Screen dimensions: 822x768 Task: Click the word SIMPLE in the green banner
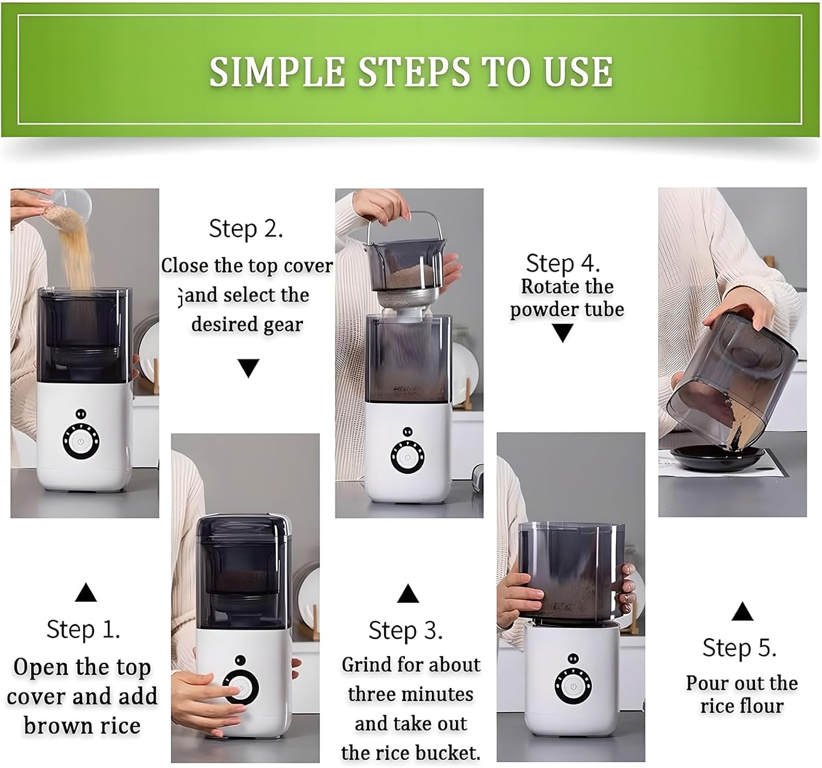[x=277, y=72]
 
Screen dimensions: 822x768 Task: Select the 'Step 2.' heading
[x=246, y=228]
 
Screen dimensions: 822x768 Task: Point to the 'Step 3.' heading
[x=406, y=630]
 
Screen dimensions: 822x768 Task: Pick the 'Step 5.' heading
[x=739, y=648]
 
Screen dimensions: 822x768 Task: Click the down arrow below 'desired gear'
[x=248, y=368]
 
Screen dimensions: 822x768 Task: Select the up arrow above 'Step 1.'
[x=86, y=593]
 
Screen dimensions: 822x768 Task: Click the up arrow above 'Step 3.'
[x=408, y=593]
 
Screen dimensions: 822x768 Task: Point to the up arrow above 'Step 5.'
[x=743, y=611]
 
